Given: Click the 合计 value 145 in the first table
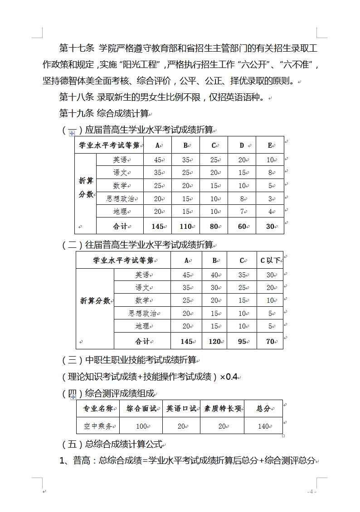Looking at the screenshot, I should coord(157,226).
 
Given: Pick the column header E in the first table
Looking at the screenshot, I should coord(270,145).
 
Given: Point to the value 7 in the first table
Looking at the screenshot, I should coord(243,212).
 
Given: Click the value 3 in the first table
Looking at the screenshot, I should coord(270,198).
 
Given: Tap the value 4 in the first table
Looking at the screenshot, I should coord(270,212).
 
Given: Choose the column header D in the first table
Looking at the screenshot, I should coord(242,145).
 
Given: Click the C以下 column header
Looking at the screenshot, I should coord(270,260).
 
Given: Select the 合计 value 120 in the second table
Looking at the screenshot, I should coord(214,342).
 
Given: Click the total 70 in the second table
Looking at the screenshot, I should coord(270,342).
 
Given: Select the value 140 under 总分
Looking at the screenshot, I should coord(263,426).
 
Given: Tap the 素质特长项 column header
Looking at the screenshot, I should coord(222,409).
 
